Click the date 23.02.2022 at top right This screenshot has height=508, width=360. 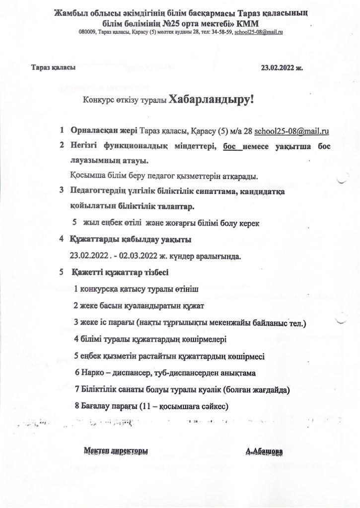coord(279,68)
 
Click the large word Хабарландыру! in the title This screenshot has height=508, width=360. coord(211,99)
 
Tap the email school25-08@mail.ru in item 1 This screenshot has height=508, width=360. coord(291,131)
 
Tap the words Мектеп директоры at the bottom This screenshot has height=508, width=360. coord(116,450)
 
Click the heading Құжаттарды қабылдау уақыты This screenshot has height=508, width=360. coord(131,240)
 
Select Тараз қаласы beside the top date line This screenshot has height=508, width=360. coord(53,68)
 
